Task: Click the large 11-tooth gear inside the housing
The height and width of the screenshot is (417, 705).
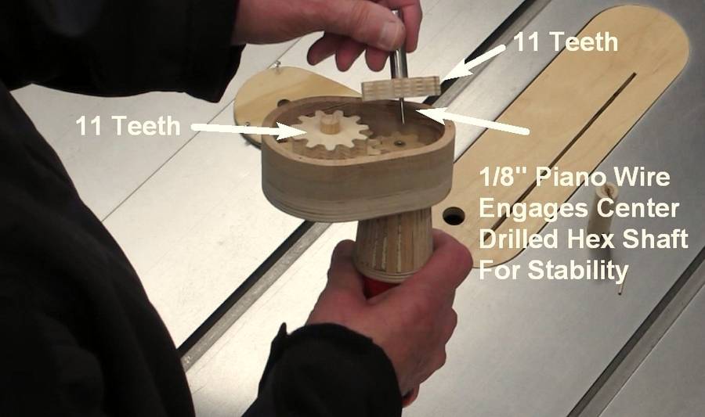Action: point(331,133)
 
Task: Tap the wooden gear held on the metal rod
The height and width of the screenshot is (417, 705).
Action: point(401,88)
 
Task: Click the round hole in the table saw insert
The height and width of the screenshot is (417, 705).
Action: point(454,216)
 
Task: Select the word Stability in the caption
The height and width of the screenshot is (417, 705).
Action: point(578,270)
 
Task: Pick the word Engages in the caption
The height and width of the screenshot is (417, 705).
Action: point(533,209)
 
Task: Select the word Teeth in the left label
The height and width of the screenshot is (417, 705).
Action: point(146,125)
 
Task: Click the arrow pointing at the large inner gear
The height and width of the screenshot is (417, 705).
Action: point(243,129)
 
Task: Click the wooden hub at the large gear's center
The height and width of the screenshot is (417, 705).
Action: point(331,123)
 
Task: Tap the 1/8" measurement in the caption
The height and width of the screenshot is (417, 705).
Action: point(503,178)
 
